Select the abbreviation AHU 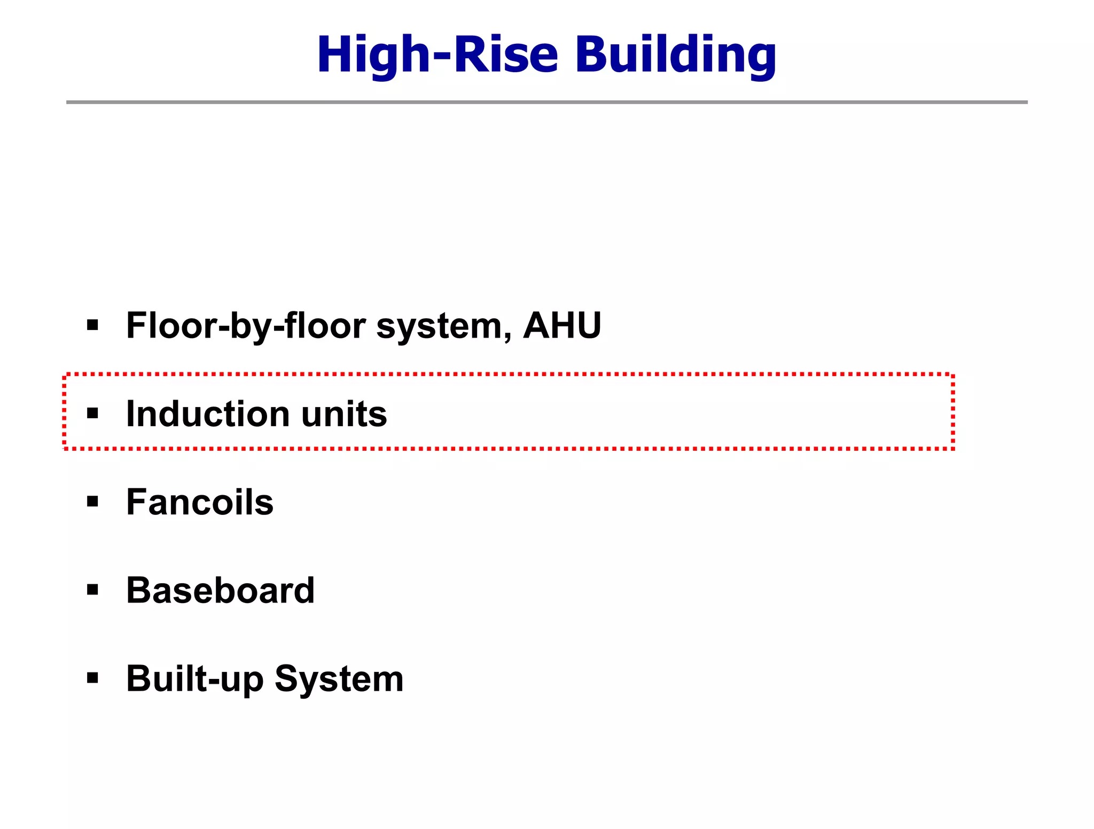pyautogui.click(x=562, y=325)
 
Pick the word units pyautogui.click(x=344, y=414)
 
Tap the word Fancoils pyautogui.click(x=200, y=502)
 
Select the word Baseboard pyautogui.click(x=220, y=590)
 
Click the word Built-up pyautogui.click(x=194, y=679)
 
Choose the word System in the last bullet pyautogui.click(x=339, y=679)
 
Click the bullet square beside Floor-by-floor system pyautogui.click(x=93, y=325)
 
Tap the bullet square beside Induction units pyautogui.click(x=93, y=413)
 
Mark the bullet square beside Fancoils pyautogui.click(x=93, y=501)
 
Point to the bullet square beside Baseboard pyautogui.click(x=93, y=590)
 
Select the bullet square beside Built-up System pyautogui.click(x=93, y=678)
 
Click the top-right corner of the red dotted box pyautogui.click(x=953, y=376)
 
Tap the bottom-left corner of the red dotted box pyautogui.click(x=65, y=448)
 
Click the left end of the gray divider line pyautogui.click(x=68, y=102)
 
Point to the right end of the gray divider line pyautogui.click(x=1026, y=102)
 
